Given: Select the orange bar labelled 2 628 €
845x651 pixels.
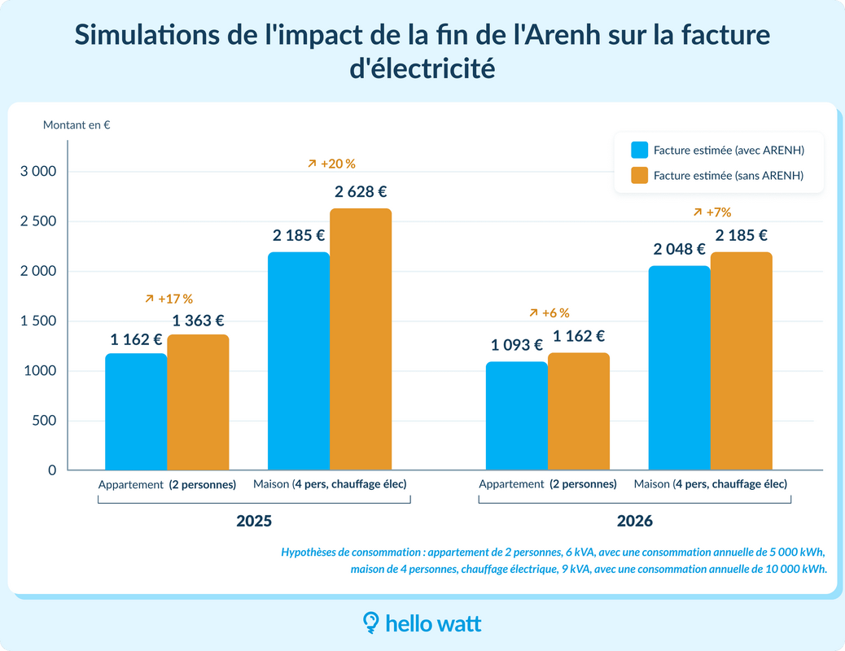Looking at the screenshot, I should click(361, 339).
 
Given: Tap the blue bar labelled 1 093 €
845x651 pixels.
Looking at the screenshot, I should click(516, 416).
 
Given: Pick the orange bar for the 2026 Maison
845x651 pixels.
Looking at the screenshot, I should click(741, 361).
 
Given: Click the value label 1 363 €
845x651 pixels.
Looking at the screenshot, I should click(198, 321).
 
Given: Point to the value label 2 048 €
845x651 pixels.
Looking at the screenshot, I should click(679, 249).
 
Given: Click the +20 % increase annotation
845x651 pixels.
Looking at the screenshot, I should click(332, 164).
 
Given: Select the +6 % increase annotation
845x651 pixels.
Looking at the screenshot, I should click(549, 312).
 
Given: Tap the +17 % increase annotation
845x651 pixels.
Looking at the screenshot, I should click(169, 299).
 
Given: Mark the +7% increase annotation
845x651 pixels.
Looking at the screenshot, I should click(712, 212).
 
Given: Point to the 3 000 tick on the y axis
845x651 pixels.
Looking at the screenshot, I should click(38, 172).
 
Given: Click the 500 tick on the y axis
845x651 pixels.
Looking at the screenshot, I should click(45, 421).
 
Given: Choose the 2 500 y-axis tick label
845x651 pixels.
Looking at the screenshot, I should click(38, 221).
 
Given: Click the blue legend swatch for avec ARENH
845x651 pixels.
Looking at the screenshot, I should click(639, 151).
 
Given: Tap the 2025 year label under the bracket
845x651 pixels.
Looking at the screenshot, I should click(254, 521).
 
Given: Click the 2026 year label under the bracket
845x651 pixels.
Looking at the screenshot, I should click(634, 521).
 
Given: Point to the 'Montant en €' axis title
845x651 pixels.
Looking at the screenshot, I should click(77, 125).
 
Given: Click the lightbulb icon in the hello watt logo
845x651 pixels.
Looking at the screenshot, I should click(370, 623).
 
